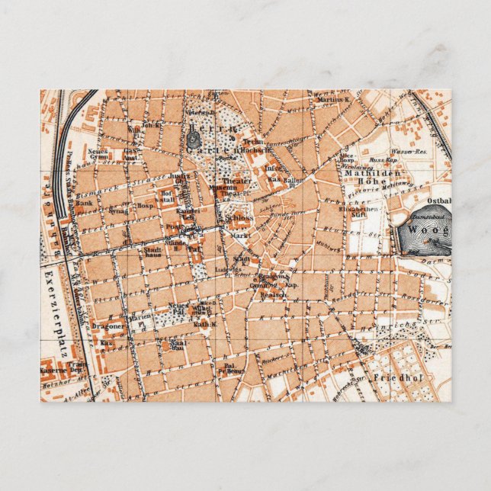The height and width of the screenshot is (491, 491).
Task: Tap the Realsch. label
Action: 273,294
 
